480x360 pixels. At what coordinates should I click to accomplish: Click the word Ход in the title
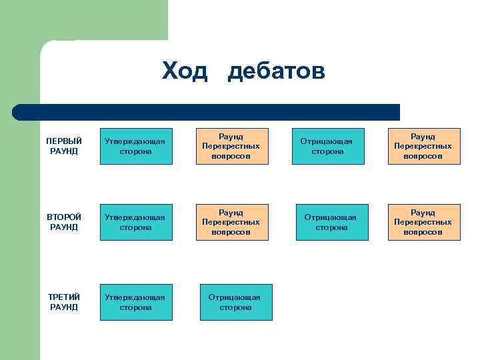(184, 71)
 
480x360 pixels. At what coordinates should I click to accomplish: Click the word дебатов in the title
(276, 71)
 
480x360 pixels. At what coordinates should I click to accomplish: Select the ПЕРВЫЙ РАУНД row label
(64, 146)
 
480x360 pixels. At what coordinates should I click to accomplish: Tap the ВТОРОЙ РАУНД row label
(64, 222)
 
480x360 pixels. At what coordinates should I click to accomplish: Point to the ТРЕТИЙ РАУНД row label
(64, 302)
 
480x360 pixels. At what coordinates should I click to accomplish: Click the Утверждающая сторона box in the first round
(136, 146)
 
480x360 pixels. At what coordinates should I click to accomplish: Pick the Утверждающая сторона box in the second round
(136, 222)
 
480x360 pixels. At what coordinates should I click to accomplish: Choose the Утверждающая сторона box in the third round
(136, 302)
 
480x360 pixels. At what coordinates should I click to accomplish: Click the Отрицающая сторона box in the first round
(328, 146)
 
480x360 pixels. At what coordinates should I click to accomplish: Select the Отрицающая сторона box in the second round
(331, 222)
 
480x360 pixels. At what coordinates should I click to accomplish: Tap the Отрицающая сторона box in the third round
(236, 302)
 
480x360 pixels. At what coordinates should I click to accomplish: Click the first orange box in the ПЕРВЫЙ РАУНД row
(232, 146)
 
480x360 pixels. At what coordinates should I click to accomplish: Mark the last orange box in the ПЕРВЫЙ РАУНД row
(424, 146)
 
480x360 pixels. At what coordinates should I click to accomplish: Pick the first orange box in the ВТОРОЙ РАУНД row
(232, 222)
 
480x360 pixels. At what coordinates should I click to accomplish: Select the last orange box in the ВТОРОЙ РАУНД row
(424, 222)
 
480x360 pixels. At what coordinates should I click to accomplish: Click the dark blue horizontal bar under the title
(207, 112)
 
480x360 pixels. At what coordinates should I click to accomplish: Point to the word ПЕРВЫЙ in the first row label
(64, 141)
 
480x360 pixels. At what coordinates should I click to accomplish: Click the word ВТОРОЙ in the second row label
(64, 217)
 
